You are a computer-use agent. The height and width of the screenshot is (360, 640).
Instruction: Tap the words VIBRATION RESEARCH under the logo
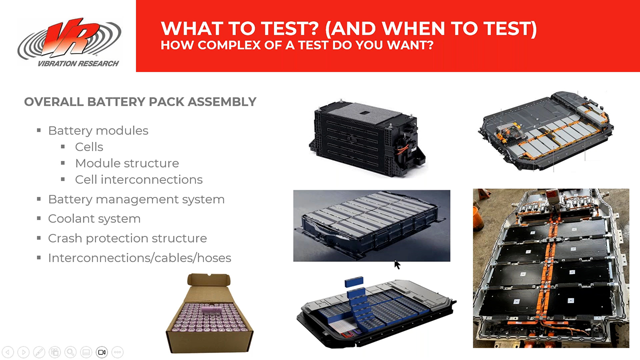pos(78,63)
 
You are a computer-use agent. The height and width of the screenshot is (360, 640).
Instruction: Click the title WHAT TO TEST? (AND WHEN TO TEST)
pos(348,28)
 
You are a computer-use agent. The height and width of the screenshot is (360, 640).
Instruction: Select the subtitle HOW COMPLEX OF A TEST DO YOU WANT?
pos(296,45)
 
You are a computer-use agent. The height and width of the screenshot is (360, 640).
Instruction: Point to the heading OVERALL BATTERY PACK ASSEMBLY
pos(140,102)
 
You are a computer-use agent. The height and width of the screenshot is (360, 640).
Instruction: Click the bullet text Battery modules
pos(98,130)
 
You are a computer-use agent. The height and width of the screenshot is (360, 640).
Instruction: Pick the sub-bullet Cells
pos(89,147)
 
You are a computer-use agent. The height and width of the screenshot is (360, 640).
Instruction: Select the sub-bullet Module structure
pos(126,163)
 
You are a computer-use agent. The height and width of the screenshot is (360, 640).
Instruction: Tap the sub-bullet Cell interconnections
pos(138,179)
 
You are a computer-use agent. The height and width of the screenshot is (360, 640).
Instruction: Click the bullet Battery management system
pos(136,199)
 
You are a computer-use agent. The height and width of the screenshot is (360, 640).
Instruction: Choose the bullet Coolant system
pos(94,218)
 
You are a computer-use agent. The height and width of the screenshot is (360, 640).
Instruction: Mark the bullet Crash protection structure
pos(127,238)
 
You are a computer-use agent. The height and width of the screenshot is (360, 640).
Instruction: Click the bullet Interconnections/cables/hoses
pos(139,258)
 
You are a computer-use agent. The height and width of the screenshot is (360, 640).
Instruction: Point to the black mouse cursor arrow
pos(397,264)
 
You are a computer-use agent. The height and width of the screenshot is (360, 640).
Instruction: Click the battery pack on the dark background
pos(371,225)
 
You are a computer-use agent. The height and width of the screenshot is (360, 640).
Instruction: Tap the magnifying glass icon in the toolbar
pos(70,352)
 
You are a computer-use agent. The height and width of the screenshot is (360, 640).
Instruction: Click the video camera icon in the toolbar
pos(101,352)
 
